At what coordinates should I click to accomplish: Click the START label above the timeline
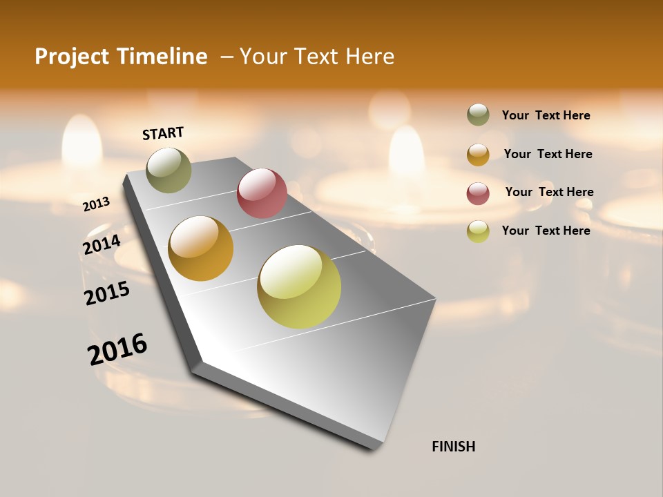pyautogui.click(x=163, y=133)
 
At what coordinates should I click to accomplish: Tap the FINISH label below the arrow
pyautogui.click(x=453, y=447)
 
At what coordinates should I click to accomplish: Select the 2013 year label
pyautogui.click(x=97, y=204)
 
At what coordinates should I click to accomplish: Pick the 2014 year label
pyautogui.click(x=102, y=245)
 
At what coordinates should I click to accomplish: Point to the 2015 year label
pyautogui.click(x=107, y=293)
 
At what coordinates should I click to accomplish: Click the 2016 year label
pyautogui.click(x=117, y=349)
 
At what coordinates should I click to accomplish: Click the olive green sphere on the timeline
pyautogui.click(x=169, y=170)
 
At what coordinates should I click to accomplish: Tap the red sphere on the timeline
pyautogui.click(x=262, y=193)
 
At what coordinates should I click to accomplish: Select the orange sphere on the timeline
pyautogui.click(x=201, y=248)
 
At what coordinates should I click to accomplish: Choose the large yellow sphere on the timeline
pyautogui.click(x=299, y=286)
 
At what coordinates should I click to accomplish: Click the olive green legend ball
pyautogui.click(x=478, y=115)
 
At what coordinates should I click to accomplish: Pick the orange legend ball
pyautogui.click(x=478, y=155)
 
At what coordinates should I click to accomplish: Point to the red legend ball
pyautogui.click(x=478, y=193)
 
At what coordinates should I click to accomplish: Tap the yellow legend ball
pyautogui.click(x=478, y=231)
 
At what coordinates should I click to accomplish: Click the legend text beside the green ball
pyautogui.click(x=546, y=115)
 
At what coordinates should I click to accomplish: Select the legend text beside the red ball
pyautogui.click(x=549, y=192)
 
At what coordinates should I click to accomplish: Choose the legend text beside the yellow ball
pyautogui.click(x=546, y=231)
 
